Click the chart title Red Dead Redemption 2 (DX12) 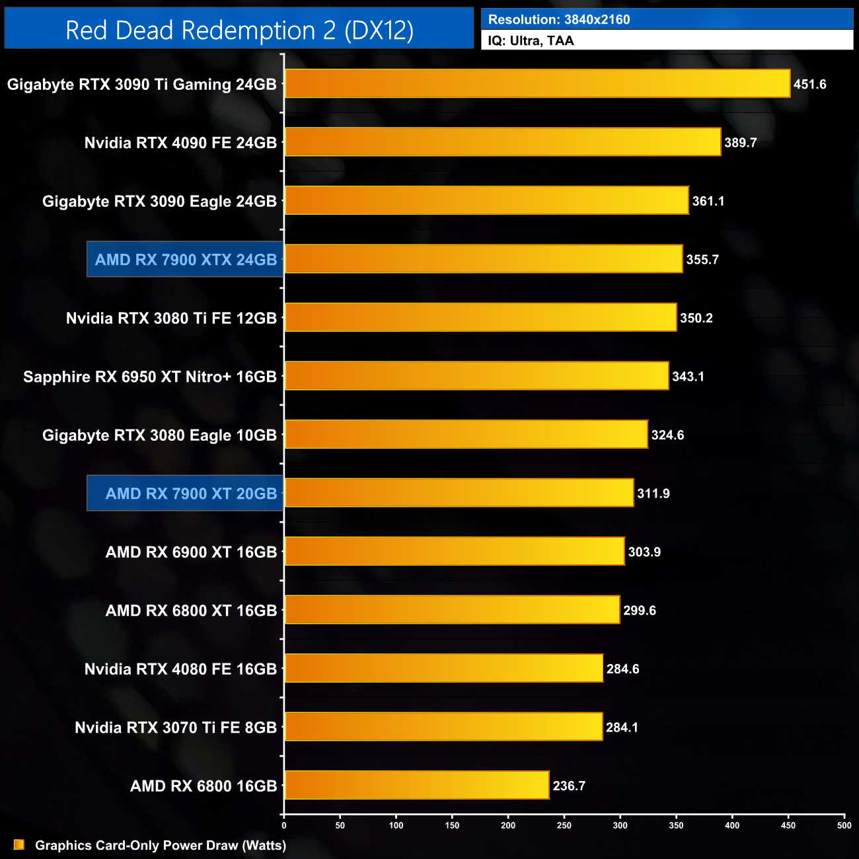pos(239,30)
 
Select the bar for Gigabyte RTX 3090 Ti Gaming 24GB pos(537,84)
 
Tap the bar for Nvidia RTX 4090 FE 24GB pos(502,142)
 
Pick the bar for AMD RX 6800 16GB pos(416,785)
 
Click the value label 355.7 pos(702,260)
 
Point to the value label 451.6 pos(810,85)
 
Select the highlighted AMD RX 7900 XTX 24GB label pos(186,260)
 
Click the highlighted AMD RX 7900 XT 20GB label pos(191,494)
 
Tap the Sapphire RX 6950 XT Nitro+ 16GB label pos(150,377)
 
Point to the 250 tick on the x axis pos(564,825)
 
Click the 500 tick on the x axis pos(844,825)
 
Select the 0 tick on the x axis pos(284,825)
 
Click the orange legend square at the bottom pos(19,844)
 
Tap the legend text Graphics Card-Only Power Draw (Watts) pos(161,845)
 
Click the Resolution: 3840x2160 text pos(559,20)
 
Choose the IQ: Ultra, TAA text pos(531,41)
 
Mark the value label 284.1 pos(622,728)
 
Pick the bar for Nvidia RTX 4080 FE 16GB pos(443,668)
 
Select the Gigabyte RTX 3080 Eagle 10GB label pos(159,435)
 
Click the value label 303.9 pos(644,552)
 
